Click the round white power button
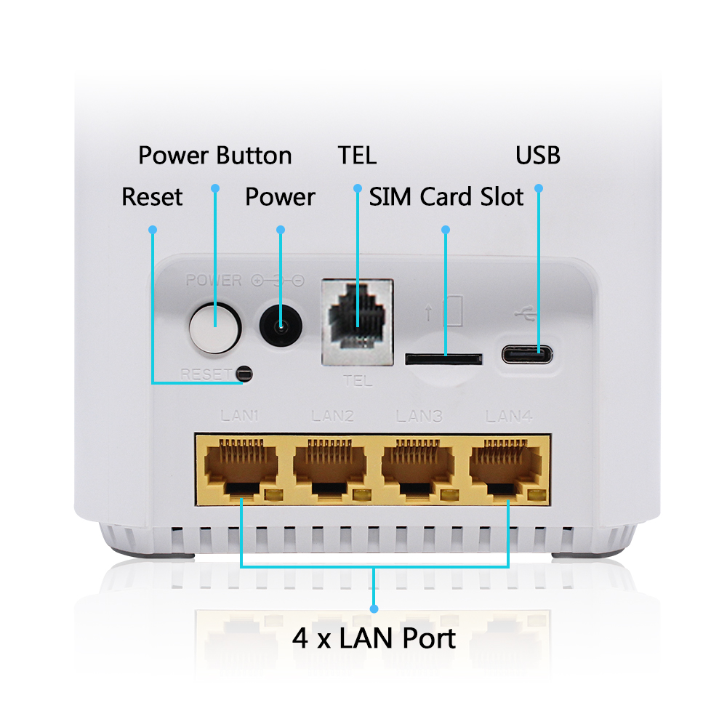(x=214, y=328)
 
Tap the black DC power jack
(x=281, y=326)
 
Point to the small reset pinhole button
(x=244, y=373)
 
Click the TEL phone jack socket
(x=358, y=322)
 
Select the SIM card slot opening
(x=443, y=359)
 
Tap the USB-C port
(x=527, y=355)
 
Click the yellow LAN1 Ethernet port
(x=241, y=470)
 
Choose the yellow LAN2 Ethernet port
(x=329, y=470)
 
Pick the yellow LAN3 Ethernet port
(x=417, y=470)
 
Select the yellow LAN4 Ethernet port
(x=506, y=470)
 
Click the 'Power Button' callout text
(x=215, y=156)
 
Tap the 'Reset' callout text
(x=152, y=196)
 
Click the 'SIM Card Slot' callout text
(x=446, y=196)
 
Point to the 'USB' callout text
(x=538, y=156)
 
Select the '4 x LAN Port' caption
(x=374, y=638)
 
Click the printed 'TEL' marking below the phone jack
(x=358, y=381)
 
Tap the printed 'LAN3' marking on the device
(x=419, y=417)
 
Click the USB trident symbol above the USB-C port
(x=526, y=314)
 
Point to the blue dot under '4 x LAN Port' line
(x=374, y=608)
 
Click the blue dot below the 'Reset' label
(x=153, y=230)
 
